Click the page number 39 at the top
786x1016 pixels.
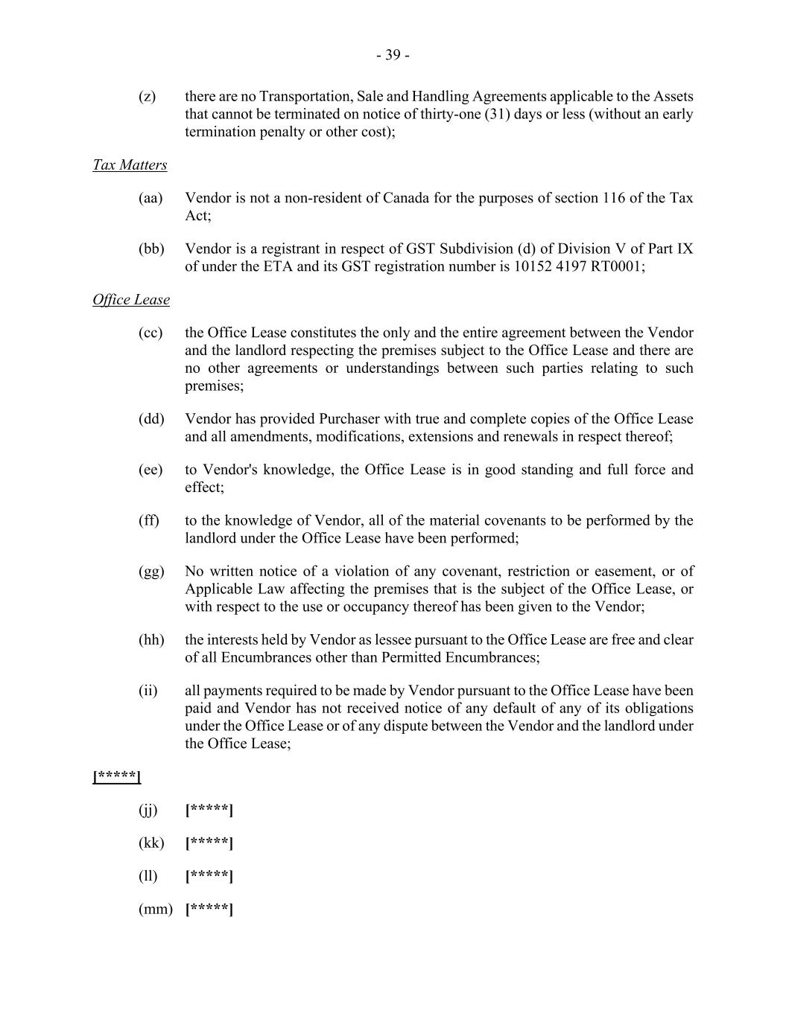393,55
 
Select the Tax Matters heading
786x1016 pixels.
130,165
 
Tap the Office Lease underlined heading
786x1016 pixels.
131,300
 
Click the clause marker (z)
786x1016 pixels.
148,97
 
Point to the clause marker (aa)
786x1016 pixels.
150,198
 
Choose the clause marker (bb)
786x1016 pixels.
151,249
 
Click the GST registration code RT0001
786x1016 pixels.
617,266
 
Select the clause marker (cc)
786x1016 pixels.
150,333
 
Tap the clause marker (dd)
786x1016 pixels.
151,419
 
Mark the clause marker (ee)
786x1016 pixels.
150,470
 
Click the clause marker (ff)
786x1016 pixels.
149,520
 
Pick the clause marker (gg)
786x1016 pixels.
151,572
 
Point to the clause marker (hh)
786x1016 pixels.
151,640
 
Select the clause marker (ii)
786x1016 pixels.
148,691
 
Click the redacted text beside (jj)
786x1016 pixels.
209,810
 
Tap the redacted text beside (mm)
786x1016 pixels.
209,909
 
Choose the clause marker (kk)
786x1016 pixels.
151,843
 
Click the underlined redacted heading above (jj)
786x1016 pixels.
117,777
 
